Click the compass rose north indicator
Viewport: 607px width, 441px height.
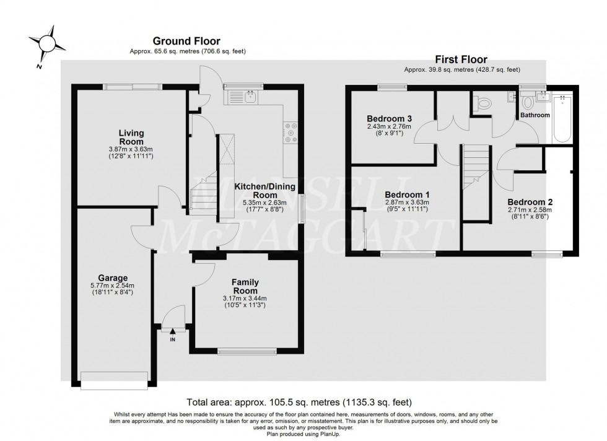pos(46,43)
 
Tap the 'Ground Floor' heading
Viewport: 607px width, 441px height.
pos(187,41)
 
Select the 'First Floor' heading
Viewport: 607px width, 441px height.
pos(461,59)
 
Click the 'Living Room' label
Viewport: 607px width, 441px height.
pos(131,137)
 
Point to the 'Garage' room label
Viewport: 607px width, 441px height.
pos(113,278)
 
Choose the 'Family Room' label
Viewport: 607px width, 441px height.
pos(245,286)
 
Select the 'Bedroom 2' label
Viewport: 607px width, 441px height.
pos(530,202)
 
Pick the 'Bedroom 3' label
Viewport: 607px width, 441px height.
pos(389,118)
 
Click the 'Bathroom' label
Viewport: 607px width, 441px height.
pos(535,115)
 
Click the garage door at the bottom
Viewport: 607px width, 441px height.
pos(114,380)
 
